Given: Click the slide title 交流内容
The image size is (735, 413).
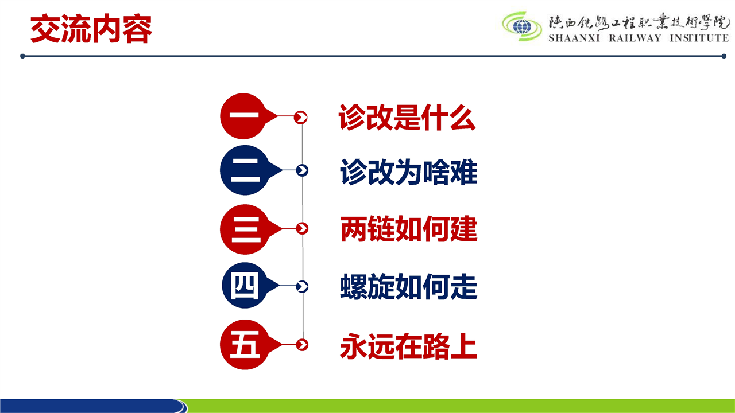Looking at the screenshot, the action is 91,29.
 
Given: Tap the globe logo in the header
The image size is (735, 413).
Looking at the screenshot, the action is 522,26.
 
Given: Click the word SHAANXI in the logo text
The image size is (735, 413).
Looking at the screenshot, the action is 574,38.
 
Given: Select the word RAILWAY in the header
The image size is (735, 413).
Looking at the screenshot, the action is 635,38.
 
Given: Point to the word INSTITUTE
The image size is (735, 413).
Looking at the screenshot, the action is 699,38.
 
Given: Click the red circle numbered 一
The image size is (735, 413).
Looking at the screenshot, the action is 243,116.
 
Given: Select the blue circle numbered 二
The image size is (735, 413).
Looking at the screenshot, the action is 245,170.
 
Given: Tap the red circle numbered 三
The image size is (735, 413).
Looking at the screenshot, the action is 245,229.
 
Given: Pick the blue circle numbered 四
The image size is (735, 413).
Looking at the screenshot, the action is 245,285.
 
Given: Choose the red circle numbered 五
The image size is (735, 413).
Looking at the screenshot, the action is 245,345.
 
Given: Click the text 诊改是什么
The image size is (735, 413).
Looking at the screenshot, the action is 407,118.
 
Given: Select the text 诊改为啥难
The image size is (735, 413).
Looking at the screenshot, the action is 408,172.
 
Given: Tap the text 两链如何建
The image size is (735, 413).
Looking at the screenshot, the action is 408,229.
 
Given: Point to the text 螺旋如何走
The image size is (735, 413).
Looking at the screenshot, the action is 408,287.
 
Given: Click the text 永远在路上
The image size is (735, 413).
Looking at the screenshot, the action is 408,346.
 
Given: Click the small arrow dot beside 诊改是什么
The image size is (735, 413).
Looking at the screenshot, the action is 300,118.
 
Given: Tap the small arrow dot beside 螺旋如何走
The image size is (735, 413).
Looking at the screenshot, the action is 302,286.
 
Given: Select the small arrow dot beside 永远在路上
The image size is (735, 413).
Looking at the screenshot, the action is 302,345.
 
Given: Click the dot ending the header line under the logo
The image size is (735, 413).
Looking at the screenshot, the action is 724,56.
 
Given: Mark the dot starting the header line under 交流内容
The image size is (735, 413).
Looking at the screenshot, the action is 22,56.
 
